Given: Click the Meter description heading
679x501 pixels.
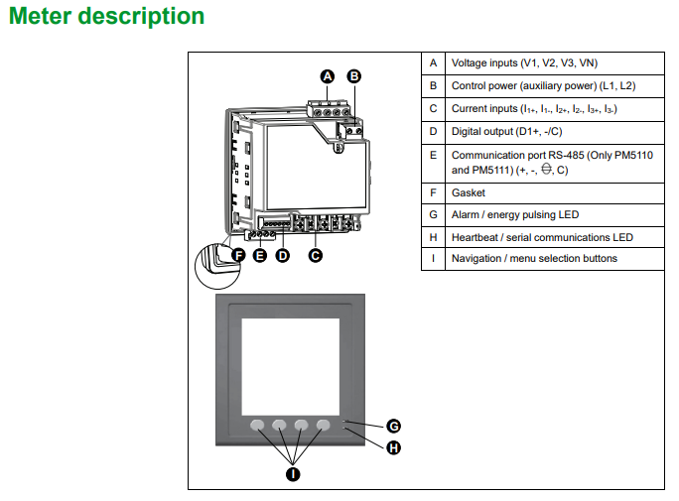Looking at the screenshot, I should [x=106, y=17].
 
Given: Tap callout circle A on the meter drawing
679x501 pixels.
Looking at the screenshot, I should [x=328, y=75].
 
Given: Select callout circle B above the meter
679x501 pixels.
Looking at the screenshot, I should [x=353, y=75].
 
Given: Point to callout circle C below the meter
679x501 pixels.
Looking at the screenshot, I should [x=315, y=255].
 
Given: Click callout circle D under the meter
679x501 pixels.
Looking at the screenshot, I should [x=282, y=255].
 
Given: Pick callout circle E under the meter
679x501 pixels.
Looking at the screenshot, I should [x=260, y=255].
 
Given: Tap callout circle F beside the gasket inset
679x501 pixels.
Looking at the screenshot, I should [x=238, y=255].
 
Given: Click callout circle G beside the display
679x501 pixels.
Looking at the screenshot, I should [x=393, y=426].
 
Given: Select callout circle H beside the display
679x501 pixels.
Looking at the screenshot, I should [x=393, y=447].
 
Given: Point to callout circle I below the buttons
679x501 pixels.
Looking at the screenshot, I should [x=293, y=474].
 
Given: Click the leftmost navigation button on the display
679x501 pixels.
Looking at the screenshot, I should [x=258, y=426].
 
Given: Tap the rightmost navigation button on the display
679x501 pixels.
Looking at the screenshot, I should [x=323, y=426].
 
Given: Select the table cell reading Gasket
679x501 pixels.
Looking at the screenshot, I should [x=468, y=192].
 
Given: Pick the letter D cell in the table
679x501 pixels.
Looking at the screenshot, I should [x=433, y=130].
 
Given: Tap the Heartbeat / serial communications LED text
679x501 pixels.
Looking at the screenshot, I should [x=542, y=237].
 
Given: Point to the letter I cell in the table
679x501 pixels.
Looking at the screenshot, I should [x=433, y=258].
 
